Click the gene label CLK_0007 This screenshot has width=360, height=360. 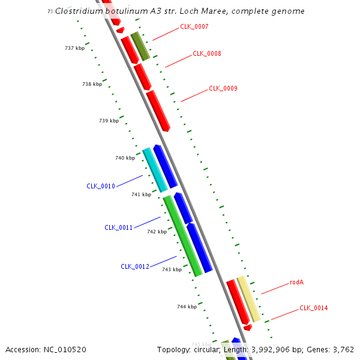click(x=194, y=26)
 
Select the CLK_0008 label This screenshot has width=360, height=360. click(x=207, y=53)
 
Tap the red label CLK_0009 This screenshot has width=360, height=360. click(x=223, y=88)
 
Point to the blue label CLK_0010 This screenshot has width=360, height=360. click(x=101, y=186)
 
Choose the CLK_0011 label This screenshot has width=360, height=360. click(x=119, y=227)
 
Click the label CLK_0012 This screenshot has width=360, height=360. click(x=135, y=266)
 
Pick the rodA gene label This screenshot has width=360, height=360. click(x=297, y=281)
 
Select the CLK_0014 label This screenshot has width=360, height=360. click(x=314, y=308)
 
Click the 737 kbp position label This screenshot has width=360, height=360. click(x=74, y=48)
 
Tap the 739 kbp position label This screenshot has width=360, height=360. click(x=109, y=121)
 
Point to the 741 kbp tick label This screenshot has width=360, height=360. click(x=141, y=194)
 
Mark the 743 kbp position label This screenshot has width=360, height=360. click(x=172, y=269)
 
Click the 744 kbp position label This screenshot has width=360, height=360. click(x=187, y=307)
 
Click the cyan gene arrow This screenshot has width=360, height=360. click(x=155, y=170)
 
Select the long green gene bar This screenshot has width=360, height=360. click(x=182, y=236)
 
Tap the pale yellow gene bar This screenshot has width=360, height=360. click(x=248, y=299)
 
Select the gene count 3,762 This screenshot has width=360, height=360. click(x=343, y=349)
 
